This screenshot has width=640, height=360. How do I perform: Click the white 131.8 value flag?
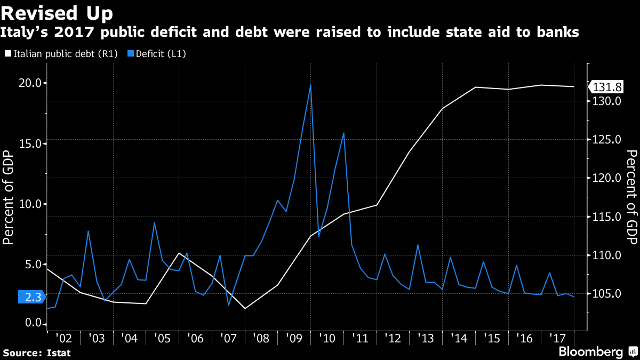[607, 87]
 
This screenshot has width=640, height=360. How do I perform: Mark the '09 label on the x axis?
[294, 338]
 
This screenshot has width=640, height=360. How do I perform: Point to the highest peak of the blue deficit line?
[310, 85]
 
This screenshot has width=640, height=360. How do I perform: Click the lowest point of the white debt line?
[245, 308]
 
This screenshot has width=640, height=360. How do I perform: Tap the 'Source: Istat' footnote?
[37, 353]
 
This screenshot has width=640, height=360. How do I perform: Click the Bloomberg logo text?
[590, 352]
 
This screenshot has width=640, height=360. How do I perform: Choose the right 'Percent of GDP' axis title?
[631, 197]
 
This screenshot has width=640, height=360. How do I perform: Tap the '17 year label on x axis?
[558, 338]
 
